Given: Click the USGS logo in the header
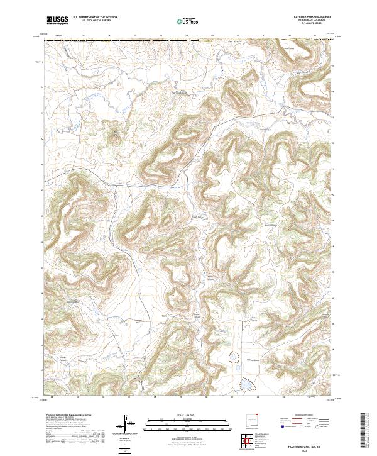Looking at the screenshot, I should [57, 20].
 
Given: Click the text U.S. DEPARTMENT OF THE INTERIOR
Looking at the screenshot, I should [95, 18].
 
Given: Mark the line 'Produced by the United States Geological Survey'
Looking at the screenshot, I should [70, 415].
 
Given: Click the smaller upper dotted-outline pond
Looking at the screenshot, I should [235, 358].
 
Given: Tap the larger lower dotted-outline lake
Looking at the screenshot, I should [247, 383].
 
